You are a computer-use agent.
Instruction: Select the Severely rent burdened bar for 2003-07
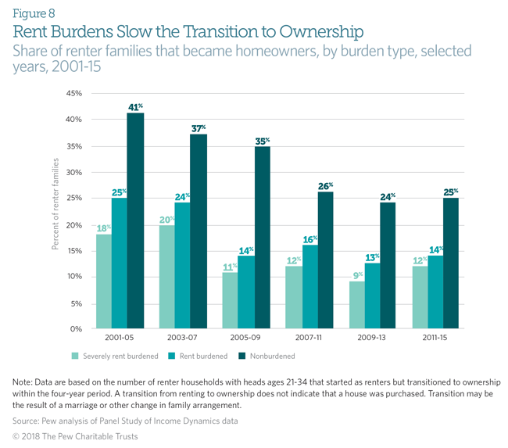tap(167, 277)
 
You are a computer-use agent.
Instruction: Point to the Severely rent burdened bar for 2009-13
tap(356, 305)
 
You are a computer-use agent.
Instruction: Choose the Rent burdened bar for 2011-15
tap(435, 292)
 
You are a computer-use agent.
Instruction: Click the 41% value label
tap(136, 106)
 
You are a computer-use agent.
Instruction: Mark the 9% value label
tap(356, 275)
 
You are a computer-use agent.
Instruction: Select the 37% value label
tap(199, 128)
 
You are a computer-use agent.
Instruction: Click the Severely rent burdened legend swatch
tap(74, 357)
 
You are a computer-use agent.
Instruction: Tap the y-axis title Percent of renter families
tap(56, 203)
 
